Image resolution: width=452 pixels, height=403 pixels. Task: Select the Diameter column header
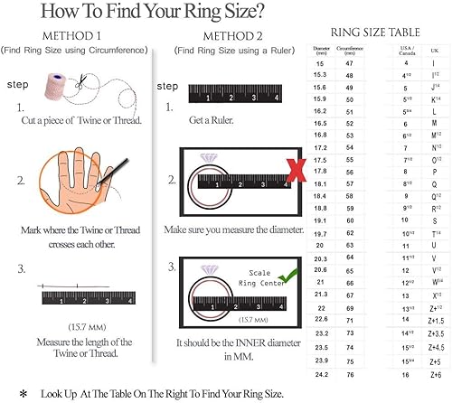pos(320,49)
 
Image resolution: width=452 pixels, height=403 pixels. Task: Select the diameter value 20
pos(320,244)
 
